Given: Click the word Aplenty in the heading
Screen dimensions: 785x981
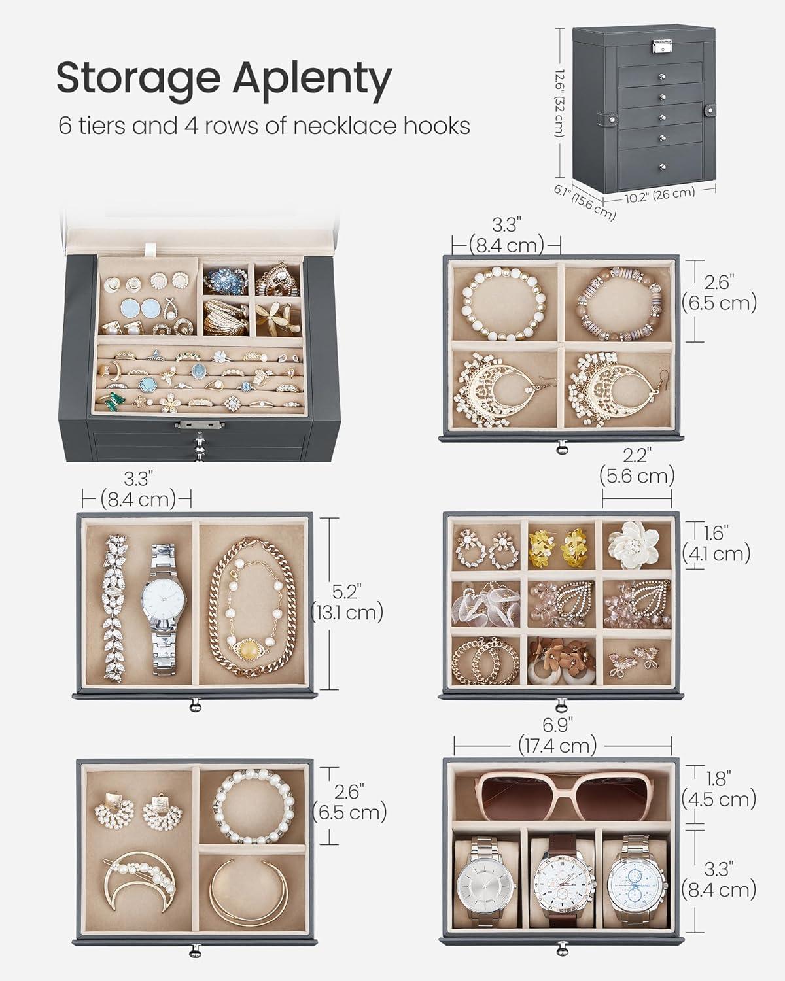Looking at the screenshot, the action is (x=312, y=82).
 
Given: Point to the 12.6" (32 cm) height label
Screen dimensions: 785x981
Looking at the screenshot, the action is (x=560, y=103).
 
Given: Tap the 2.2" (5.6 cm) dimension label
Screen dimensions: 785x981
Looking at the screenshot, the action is (x=637, y=466).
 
